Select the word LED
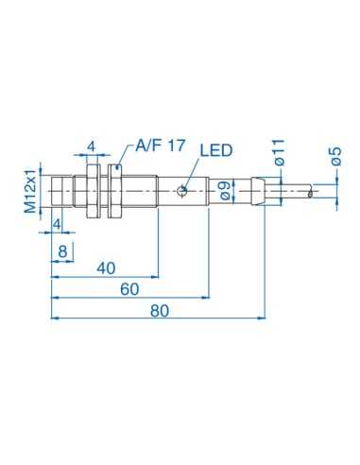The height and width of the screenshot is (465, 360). [215, 151]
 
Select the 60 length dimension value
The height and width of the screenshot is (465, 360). [129, 288]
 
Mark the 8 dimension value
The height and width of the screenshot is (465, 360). [63, 250]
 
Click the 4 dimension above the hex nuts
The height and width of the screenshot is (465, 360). [91, 147]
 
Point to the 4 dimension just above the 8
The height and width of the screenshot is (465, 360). [58, 223]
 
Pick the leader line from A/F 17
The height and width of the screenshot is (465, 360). [125, 155]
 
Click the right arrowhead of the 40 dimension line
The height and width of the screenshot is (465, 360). [149, 275]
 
